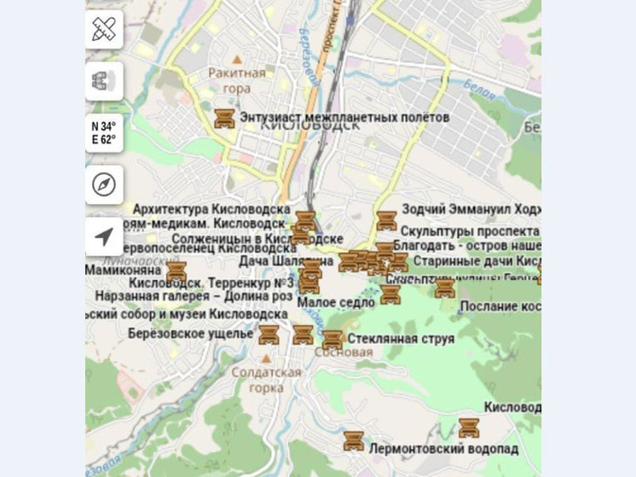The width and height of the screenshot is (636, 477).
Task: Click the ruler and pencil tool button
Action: [104, 30]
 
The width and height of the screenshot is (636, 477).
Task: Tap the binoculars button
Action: [104, 82]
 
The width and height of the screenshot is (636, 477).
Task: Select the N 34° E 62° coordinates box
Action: [104, 133]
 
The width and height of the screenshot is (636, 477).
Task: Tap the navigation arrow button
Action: [104, 236]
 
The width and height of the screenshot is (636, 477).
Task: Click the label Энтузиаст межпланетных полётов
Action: [344, 117]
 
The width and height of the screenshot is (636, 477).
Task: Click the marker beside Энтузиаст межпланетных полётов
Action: [224, 118]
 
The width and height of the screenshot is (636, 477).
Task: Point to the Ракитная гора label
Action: [236, 80]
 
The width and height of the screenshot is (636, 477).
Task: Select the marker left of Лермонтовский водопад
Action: [354, 441]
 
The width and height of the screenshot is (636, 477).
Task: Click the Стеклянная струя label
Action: [401, 339]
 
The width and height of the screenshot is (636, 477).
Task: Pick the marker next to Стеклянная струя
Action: [332, 340]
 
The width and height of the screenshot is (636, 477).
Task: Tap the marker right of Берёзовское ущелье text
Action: [269, 334]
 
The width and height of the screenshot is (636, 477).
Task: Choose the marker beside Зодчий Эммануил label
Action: [386, 220]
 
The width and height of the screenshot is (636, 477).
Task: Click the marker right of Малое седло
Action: [390, 294]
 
